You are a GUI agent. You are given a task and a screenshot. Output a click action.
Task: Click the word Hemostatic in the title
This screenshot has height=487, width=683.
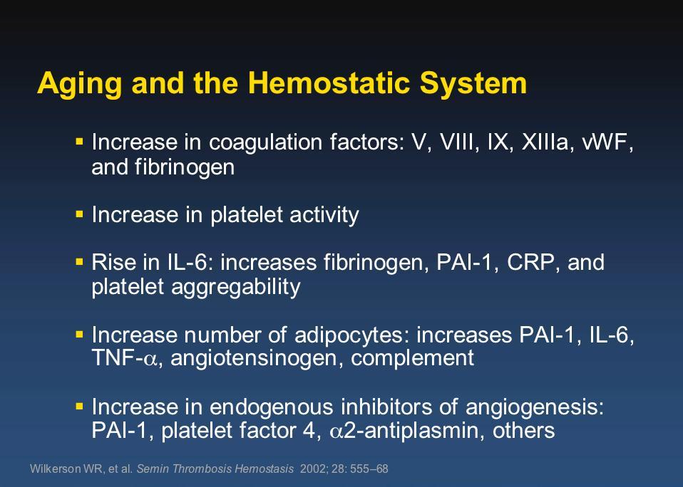(x=329, y=83)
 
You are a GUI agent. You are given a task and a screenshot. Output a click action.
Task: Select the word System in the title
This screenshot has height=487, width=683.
(x=473, y=84)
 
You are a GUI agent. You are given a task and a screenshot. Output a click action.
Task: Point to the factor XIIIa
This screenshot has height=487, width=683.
(x=545, y=142)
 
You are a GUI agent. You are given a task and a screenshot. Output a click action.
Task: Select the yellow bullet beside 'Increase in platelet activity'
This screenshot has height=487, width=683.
(x=79, y=214)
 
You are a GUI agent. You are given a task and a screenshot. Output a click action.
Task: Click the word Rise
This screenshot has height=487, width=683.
(x=113, y=262)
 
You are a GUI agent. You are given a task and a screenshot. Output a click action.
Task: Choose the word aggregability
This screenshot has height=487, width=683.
(x=236, y=288)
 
